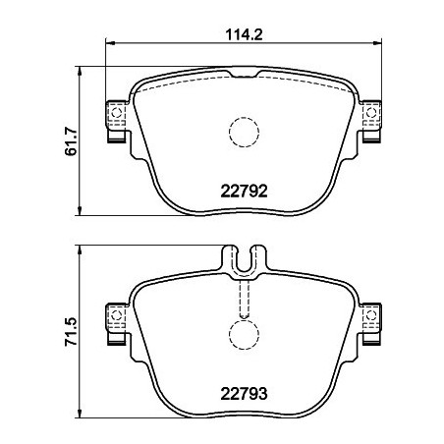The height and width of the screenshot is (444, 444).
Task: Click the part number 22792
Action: [x=242, y=193]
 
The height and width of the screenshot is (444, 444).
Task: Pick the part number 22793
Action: [x=242, y=400]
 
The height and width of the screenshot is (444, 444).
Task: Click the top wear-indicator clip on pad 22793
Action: [x=242, y=259]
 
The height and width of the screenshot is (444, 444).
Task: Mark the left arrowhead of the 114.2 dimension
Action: [x=109, y=43]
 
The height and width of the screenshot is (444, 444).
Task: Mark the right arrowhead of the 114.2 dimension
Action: [x=375, y=43]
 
